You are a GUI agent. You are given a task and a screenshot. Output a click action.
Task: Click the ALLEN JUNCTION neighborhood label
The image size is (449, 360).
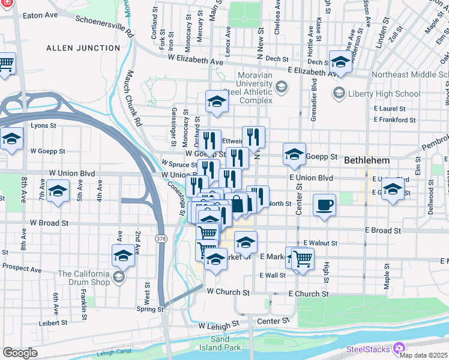point(83,47)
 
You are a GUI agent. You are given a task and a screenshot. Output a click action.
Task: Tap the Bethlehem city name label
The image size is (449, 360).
point(367,161)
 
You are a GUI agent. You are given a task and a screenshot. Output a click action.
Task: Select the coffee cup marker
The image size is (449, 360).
point(324,205)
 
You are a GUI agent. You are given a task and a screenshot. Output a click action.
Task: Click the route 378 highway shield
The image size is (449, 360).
point(161,239)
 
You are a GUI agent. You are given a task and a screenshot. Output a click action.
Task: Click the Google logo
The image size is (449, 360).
point(20,353)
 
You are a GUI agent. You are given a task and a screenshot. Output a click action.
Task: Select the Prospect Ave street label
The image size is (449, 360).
point(23,265)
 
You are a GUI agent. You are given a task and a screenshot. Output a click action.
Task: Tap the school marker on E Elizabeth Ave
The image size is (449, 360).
point(340,62)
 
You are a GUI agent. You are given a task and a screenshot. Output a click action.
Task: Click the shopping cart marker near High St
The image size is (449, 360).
point(303,259)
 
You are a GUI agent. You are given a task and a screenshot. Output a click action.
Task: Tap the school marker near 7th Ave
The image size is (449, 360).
point(58,193)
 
